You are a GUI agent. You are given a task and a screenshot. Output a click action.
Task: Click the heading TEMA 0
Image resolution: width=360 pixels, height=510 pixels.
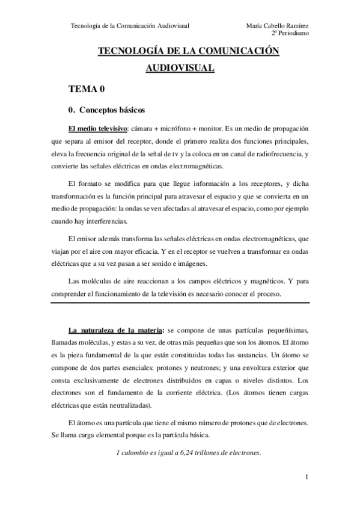[87, 90]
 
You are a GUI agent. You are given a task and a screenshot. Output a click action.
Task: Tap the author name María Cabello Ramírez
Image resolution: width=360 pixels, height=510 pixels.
[278, 26]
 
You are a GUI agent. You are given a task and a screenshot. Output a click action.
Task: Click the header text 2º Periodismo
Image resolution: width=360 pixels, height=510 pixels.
[291, 34]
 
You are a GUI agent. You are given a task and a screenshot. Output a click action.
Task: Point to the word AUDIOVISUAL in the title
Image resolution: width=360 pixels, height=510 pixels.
[180, 69]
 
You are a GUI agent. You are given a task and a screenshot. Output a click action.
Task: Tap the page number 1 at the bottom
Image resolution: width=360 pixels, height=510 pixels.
[307, 478]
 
